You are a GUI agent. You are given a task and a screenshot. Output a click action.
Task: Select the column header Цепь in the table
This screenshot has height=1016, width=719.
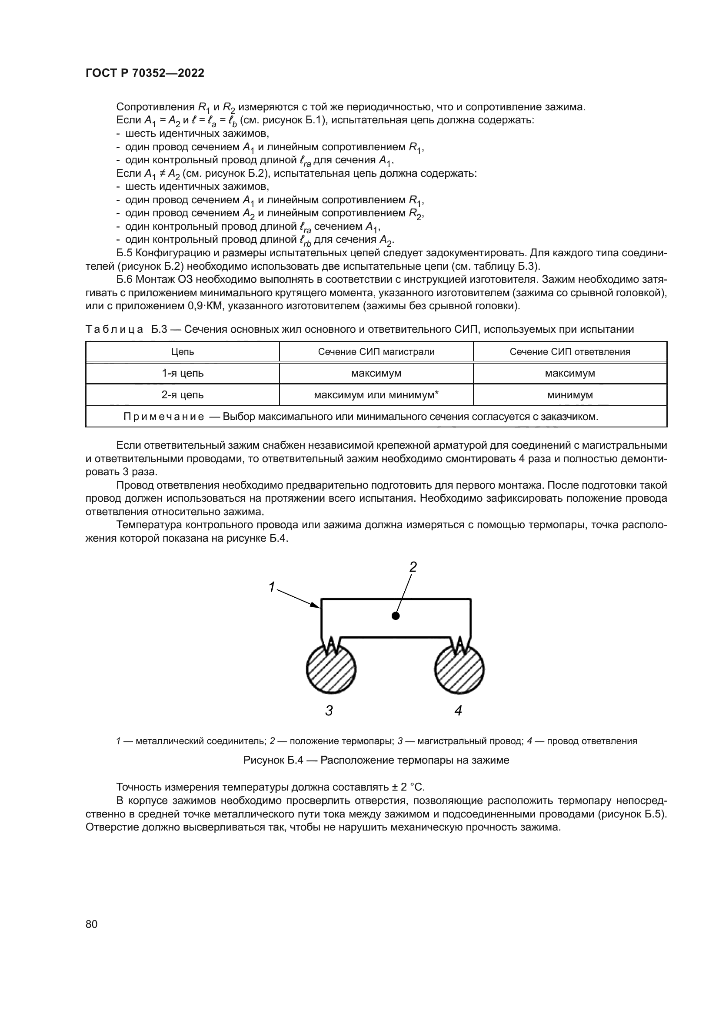(x=183, y=352)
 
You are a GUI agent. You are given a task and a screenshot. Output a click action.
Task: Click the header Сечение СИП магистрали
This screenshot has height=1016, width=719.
(x=376, y=352)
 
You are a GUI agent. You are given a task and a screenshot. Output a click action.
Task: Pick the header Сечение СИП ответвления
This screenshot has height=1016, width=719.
(x=570, y=352)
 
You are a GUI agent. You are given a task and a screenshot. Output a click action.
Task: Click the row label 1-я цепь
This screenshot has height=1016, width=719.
(x=183, y=373)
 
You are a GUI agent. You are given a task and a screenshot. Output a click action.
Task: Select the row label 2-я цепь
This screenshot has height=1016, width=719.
(x=183, y=395)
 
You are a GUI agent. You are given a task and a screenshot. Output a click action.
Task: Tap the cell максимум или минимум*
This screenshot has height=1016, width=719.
(x=376, y=395)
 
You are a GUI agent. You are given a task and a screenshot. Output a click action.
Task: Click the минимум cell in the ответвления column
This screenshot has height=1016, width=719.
(x=570, y=395)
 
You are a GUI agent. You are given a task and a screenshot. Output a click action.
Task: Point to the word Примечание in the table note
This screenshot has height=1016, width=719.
(x=163, y=417)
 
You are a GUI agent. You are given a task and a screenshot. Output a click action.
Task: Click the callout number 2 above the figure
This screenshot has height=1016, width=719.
(x=413, y=567)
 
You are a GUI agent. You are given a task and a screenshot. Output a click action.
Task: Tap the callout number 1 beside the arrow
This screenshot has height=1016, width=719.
(x=272, y=587)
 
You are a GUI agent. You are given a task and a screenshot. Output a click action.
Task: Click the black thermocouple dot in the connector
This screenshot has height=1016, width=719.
(x=396, y=616)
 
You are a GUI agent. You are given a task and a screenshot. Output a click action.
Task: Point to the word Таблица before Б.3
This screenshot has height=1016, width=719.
(x=114, y=329)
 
